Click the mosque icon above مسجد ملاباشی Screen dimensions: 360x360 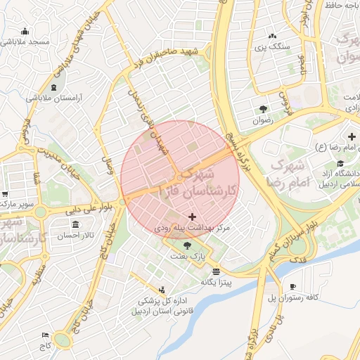[25, 31]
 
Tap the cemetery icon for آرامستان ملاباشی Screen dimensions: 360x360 [55, 87]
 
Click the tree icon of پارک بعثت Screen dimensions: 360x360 [186, 245]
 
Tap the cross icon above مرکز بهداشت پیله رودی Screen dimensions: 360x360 [193, 218]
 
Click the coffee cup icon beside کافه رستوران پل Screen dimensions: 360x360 [293, 286]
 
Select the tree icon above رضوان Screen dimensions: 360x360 [263, 109]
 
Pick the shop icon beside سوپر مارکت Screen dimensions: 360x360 [4, 194]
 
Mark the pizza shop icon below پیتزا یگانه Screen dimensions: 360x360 [215, 271]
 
